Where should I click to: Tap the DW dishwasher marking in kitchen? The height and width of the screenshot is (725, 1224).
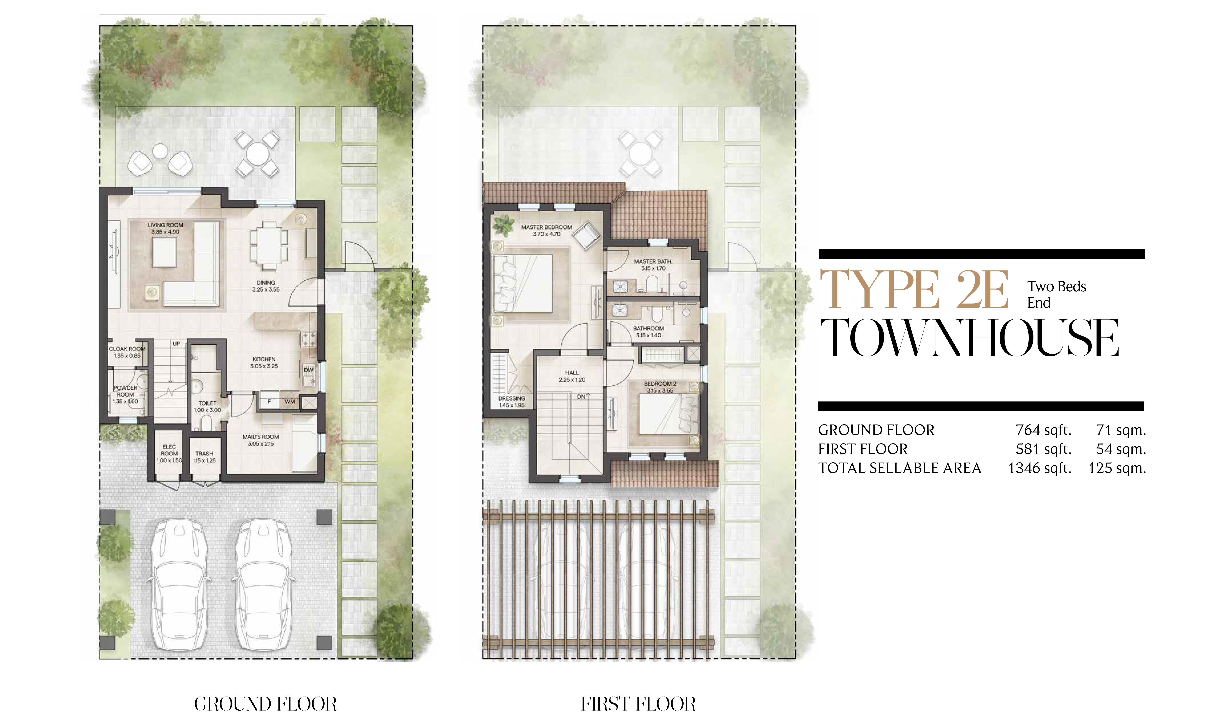[x=308, y=370]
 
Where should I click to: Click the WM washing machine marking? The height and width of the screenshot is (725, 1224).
[x=290, y=401]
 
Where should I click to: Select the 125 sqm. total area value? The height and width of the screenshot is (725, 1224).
[x=1117, y=468]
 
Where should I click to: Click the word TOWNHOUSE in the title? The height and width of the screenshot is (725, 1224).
[x=969, y=337]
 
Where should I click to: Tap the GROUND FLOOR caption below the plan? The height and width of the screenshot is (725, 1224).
[x=265, y=704]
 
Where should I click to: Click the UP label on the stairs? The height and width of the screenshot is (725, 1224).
[x=176, y=343]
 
